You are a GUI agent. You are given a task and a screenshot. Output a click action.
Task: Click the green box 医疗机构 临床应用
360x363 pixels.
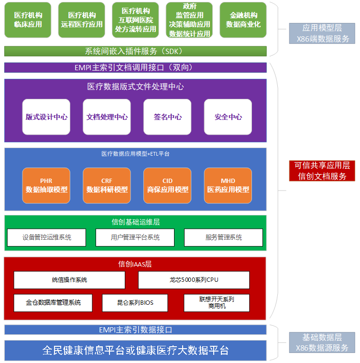click(28, 20)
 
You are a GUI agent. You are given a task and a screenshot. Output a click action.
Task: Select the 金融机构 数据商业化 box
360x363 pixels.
click(243, 20)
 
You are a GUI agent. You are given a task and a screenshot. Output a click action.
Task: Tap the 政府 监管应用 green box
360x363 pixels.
click(189, 20)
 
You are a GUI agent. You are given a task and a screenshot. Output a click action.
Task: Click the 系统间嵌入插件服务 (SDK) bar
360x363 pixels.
click(135, 51)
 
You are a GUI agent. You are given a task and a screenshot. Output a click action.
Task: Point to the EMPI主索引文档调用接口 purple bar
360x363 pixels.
click(135, 67)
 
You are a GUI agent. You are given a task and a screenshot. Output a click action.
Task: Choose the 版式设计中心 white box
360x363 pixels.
click(46, 117)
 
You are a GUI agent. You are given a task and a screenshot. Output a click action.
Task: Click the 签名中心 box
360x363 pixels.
click(167, 117)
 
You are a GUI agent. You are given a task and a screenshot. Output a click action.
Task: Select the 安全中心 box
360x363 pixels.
click(228, 117)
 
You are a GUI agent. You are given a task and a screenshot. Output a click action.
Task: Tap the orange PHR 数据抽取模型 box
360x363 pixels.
click(46, 185)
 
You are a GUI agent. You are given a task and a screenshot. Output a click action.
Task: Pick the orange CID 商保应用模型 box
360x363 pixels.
click(167, 185)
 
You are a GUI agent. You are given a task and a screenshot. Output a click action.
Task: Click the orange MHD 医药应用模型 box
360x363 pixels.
click(228, 185)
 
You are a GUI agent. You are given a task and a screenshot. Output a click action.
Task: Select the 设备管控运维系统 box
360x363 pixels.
click(46, 237)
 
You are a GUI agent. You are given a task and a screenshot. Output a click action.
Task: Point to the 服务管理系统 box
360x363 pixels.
click(223, 237)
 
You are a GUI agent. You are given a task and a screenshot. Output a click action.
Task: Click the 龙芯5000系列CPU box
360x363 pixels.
click(194, 280)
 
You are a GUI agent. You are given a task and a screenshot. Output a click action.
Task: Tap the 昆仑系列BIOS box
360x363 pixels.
click(135, 303)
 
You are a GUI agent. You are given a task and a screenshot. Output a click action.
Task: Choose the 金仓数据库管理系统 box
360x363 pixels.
click(53, 303)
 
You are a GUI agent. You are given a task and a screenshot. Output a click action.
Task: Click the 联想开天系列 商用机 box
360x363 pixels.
click(217, 303)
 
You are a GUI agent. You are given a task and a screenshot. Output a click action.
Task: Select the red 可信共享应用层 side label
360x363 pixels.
click(322, 171)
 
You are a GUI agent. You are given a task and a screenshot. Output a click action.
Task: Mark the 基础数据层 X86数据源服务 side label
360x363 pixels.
click(322, 342)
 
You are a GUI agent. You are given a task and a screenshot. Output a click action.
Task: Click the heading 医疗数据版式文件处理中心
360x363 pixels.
click(135, 86)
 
